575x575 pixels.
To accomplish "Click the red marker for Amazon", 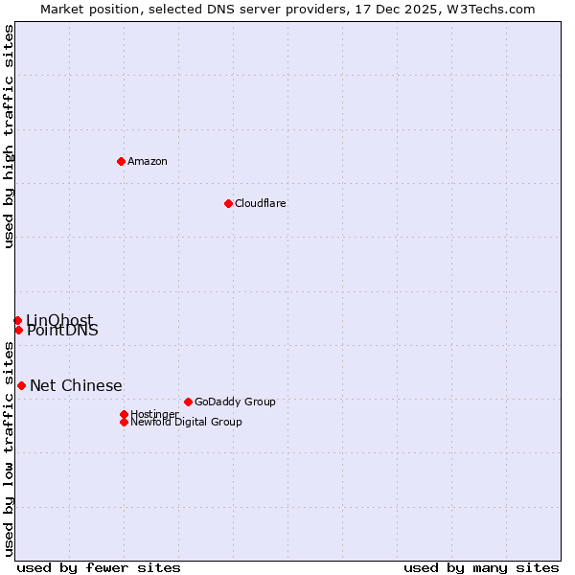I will click(121, 161).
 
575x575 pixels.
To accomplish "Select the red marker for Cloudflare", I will click(228, 203).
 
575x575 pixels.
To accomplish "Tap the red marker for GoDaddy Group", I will click(188, 402).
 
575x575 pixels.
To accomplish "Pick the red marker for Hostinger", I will click(124, 414).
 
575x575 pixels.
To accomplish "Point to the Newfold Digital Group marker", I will click(124, 422).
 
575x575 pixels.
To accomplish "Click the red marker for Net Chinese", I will click(21, 385).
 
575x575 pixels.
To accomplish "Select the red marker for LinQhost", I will click(17, 320).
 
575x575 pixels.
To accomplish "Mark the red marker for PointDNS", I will click(18, 330).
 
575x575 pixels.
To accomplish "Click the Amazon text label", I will click(148, 161).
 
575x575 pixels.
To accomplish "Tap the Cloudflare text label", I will click(261, 203).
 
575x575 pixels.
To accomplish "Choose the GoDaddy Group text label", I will click(235, 402).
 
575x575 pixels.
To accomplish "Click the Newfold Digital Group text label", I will click(186, 422).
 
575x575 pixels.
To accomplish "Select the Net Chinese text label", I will click(76, 385).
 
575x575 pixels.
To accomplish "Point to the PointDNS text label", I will click(62, 331).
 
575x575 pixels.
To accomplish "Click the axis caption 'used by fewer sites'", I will click(99, 567).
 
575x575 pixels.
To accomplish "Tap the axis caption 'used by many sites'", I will click(481, 567).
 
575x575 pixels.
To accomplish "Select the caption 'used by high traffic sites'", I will click(9, 136).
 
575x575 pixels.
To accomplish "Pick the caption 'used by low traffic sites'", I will click(9, 453).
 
